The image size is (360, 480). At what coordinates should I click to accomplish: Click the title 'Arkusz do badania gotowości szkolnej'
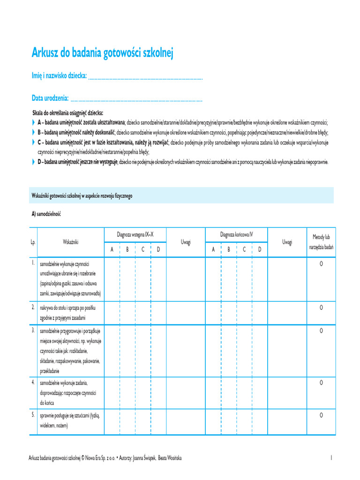point(102,53)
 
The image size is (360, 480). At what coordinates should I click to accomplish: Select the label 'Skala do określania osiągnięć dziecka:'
point(67,113)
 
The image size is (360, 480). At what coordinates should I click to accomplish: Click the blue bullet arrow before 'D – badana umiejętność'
point(33,162)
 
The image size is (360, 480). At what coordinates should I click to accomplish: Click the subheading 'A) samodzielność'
point(46,214)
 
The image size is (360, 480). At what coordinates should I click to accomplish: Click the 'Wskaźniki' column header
point(70,242)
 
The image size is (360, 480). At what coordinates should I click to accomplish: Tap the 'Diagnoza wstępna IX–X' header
point(135,234)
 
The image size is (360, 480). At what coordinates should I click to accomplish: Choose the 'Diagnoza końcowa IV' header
point(237,234)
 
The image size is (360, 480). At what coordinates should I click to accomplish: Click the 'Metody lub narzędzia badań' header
point(321,242)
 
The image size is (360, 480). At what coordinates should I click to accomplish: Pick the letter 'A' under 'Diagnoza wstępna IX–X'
point(112,250)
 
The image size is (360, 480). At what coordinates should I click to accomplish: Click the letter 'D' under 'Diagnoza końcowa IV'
point(260,250)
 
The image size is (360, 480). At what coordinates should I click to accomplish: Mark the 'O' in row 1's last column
point(321,264)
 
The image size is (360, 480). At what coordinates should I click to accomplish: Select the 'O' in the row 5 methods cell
point(321,415)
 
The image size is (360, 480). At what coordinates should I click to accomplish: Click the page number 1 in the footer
point(331,457)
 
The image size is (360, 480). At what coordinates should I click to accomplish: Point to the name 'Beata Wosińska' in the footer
point(170,457)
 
